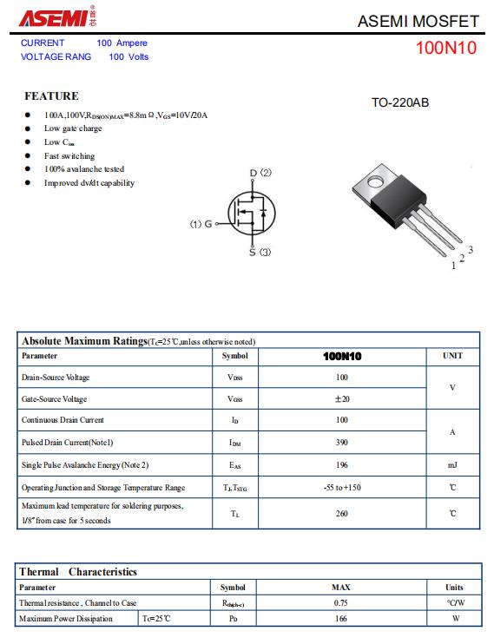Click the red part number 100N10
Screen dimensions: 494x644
click(446, 48)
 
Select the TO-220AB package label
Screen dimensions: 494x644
click(400, 102)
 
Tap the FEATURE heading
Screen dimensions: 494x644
click(52, 95)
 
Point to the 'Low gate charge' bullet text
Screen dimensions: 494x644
click(73, 128)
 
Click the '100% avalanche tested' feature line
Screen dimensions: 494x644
click(84, 168)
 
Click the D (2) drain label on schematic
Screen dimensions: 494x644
click(260, 173)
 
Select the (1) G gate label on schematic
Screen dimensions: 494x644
click(201, 224)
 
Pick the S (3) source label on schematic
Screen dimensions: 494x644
click(260, 252)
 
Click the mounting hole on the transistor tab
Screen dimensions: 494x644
click(375, 181)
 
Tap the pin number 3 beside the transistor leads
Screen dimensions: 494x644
click(471, 249)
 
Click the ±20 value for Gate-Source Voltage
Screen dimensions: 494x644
click(342, 398)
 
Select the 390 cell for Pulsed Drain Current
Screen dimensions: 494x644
click(342, 443)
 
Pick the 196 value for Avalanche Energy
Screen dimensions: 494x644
click(342, 465)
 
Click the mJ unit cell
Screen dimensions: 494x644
click(452, 465)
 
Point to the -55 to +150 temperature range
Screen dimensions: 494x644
click(342, 488)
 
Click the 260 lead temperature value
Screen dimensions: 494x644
click(342, 514)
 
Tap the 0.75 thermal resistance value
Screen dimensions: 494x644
click(340, 603)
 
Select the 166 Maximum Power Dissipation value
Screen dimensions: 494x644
click(340, 619)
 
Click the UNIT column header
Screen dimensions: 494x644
click(452, 356)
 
